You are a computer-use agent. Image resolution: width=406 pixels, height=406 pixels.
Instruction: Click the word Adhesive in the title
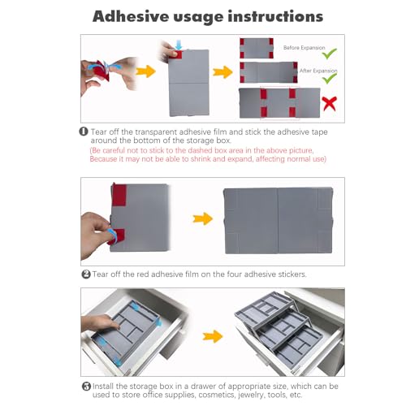tap(131, 16)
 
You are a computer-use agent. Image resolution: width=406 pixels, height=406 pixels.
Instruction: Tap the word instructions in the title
tap(275, 16)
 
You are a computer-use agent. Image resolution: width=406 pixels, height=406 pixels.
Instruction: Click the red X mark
tap(330, 103)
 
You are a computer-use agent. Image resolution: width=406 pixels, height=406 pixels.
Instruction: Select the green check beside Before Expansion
tap(330, 54)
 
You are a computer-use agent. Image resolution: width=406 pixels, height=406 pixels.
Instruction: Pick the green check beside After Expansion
tap(330, 78)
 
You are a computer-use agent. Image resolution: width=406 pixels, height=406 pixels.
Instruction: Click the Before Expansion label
tap(304, 48)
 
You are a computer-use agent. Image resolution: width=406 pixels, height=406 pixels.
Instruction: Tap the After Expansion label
tap(318, 71)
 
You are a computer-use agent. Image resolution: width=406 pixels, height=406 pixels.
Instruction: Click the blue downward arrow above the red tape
tap(179, 45)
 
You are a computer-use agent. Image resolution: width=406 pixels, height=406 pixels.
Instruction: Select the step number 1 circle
tap(84, 132)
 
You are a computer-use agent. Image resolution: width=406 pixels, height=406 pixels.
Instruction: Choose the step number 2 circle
tap(86, 274)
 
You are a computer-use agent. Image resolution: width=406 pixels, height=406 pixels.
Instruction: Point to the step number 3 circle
tap(86, 387)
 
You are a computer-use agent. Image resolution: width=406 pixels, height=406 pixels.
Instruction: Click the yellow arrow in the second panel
tap(203, 218)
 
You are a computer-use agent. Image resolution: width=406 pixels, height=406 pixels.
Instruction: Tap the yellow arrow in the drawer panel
tap(213, 336)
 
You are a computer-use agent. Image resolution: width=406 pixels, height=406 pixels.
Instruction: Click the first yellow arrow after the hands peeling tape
tap(146, 71)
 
